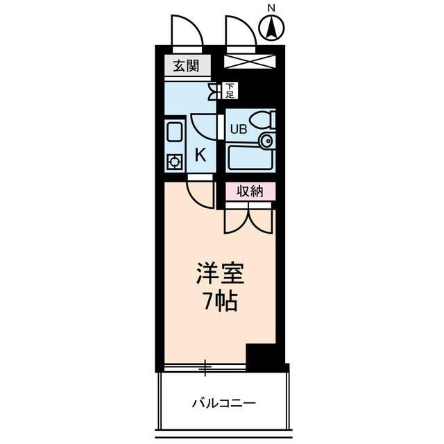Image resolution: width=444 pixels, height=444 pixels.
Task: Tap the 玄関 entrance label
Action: point(186,67)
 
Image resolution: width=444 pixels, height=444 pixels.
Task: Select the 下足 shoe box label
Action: point(230,89)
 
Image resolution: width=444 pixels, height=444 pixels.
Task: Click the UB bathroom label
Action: point(238,128)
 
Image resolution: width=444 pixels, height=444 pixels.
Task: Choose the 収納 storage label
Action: point(248,191)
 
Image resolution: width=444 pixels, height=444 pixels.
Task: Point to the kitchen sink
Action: point(174,133)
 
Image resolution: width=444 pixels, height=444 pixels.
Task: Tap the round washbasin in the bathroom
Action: point(266,142)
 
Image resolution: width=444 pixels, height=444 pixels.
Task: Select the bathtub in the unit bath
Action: point(247,158)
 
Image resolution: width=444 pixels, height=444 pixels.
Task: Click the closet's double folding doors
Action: point(248,219)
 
